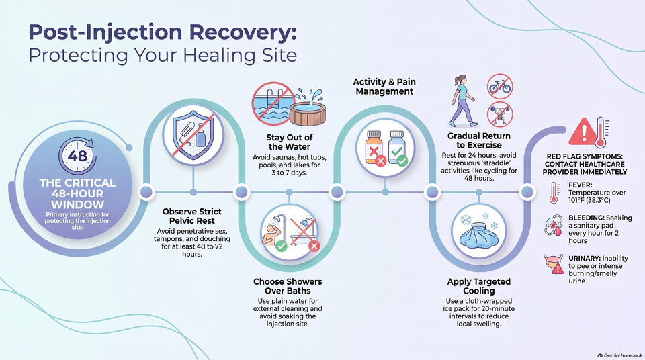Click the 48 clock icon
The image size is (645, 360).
pyautogui.click(x=77, y=156)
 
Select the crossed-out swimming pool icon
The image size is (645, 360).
pyautogui.click(x=273, y=103)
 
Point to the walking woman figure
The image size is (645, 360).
pyautogui.click(x=462, y=101)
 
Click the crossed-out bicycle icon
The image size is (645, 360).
pyautogui.click(x=500, y=87)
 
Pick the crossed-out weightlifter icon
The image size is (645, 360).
pyautogui.click(x=500, y=114)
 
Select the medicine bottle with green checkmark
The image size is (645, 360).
pyautogui.click(x=397, y=148)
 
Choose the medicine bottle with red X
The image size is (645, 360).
pyautogui.click(x=375, y=148)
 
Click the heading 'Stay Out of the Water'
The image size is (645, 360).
pyautogui.click(x=289, y=142)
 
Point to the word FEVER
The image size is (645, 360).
pyautogui.click(x=580, y=185)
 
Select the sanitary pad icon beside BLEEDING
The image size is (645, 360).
pyautogui.click(x=553, y=226)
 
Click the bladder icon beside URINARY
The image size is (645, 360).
pyautogui.click(x=554, y=264)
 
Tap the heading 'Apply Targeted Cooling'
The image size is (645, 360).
pyautogui.click(x=479, y=286)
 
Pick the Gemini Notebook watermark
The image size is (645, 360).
pyautogui.click(x=620, y=355)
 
